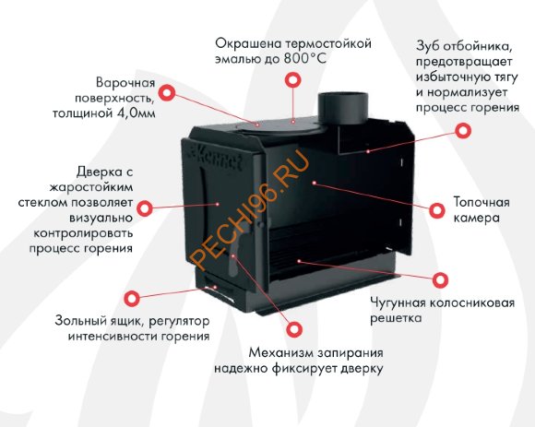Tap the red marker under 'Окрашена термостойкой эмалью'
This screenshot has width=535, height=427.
click(x=291, y=81)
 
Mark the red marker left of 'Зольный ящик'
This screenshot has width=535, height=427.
click(x=133, y=298)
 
